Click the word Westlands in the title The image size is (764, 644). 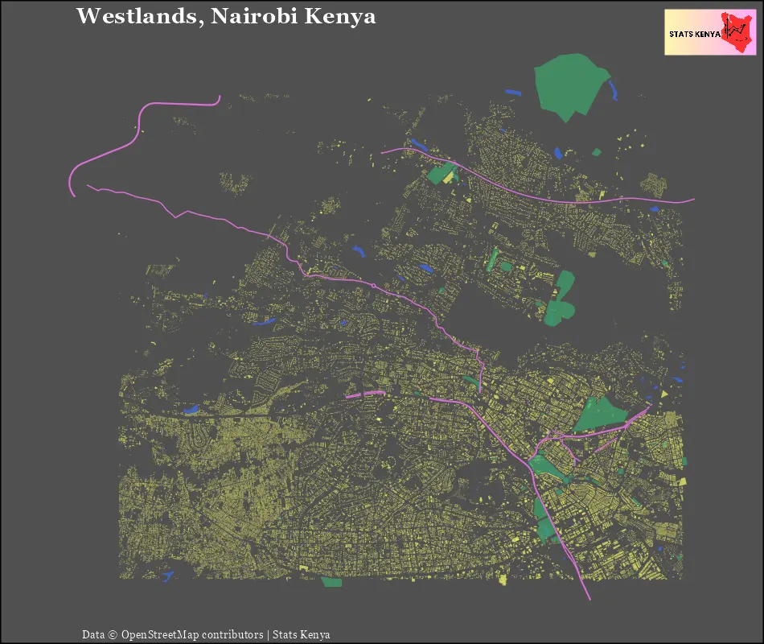pos(138,16)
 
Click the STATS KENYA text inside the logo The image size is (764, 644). pos(694,34)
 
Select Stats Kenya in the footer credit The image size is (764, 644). pos(302,634)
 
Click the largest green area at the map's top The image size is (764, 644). pos(570,85)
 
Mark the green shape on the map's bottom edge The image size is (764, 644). pos(331,581)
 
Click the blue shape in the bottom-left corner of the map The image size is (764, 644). pos(167,576)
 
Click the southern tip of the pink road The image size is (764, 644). pos(589,599)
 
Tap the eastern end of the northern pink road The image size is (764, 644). pos(692,199)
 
